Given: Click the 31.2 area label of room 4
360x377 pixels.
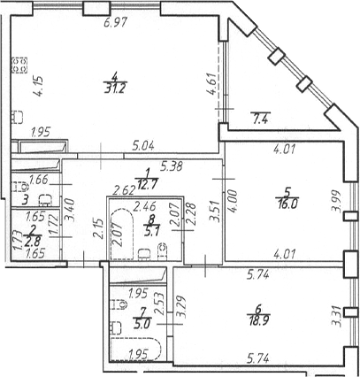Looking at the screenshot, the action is pos(115,88).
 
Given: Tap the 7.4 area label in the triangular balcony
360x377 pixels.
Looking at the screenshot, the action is pos(259,118).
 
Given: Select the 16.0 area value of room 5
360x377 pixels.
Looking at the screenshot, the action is pos(287,204).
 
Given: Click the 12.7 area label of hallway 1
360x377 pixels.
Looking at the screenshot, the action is pos(147,185).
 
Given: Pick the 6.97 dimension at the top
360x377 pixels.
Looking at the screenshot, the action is pos(115,22).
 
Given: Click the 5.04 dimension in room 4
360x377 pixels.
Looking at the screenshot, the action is pos(143,146).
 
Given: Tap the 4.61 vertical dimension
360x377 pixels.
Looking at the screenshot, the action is pos(213,84).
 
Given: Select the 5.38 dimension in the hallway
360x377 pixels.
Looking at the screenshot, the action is pos(172,166).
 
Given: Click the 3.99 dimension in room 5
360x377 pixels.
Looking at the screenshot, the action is pos(336,201).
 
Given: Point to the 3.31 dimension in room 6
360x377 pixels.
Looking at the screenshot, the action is pos(336,316).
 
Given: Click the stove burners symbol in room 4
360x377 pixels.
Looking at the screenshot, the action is pos(19,65).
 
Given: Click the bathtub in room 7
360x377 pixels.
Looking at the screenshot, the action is pos(135,350).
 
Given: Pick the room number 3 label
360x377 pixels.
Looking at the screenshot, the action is pos(25,201).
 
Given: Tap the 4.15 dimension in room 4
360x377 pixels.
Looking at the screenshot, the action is pos(38,86).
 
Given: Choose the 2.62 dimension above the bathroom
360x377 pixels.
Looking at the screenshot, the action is pos(125,190).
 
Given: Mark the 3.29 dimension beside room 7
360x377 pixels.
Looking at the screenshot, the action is pos(180,307).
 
